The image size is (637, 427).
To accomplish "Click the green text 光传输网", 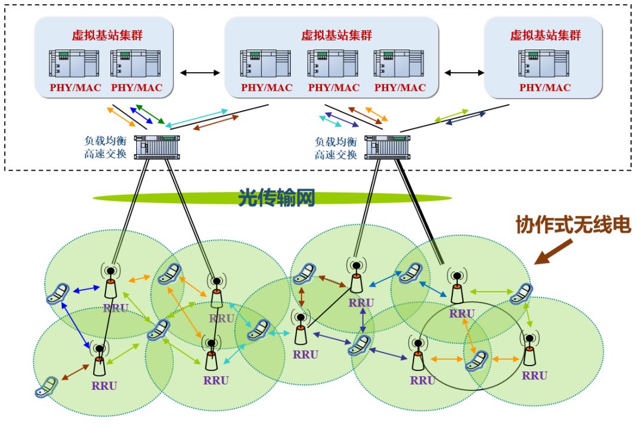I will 275,198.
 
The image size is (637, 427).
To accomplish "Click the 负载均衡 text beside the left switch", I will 105,142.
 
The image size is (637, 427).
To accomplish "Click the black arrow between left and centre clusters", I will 200,73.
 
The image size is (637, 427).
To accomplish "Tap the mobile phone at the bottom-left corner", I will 45,387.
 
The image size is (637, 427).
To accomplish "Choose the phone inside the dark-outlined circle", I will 478,361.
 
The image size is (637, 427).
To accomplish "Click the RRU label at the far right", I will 534,376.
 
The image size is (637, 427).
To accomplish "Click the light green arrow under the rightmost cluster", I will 451,116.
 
